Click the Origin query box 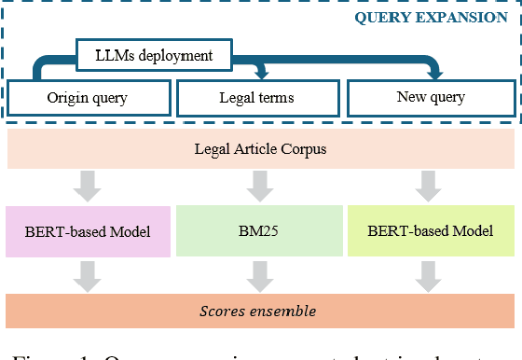click(89, 98)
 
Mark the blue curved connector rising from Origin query click(39, 69)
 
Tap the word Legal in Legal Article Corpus click(213, 148)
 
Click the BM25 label click(258, 230)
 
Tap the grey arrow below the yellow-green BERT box click(429, 274)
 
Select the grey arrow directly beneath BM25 click(258, 274)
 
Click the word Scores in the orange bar click(224, 310)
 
